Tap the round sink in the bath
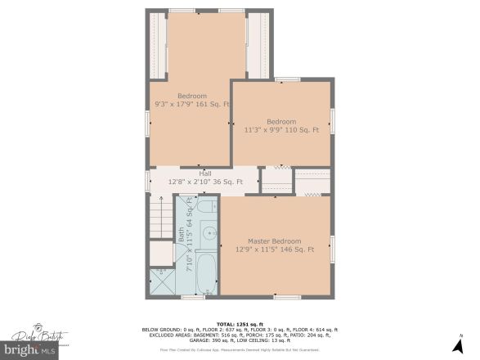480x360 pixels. click(x=209, y=232)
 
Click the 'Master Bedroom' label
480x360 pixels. click(x=275, y=241)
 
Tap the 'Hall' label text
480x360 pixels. click(x=205, y=173)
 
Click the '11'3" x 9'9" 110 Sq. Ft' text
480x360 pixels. click(x=280, y=129)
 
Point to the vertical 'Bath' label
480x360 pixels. click(x=182, y=234)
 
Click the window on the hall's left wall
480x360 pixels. click(x=147, y=179)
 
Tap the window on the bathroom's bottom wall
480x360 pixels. click(x=193, y=295)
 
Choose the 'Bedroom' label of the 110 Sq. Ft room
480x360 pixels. click(x=280, y=121)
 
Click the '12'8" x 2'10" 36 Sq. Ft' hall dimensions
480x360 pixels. click(x=205, y=182)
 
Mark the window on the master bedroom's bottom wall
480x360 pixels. click(x=287, y=295)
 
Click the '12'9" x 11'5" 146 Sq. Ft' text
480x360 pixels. click(x=275, y=250)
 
